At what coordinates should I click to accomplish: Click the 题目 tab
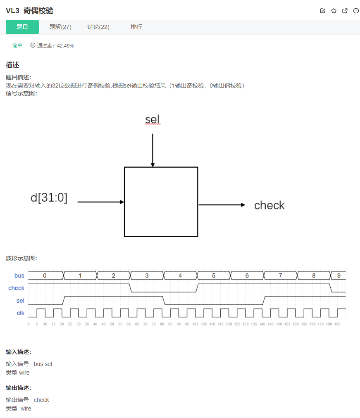pos(22,27)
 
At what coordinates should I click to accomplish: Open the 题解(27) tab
pos(60,27)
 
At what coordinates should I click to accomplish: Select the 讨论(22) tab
pos(98,27)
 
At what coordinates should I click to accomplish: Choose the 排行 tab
pos(136,27)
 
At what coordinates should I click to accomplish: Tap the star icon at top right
pos(334,11)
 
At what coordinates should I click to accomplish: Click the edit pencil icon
pos(323,11)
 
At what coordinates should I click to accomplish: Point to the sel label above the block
pos(152,120)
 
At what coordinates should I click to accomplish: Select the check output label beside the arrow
pos(269,205)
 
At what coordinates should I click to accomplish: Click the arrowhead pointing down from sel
pos(153,165)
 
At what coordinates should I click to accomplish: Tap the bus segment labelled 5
pos(214,275)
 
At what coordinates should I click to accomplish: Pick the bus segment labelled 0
pos(45,275)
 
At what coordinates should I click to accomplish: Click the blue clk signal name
pos(21,313)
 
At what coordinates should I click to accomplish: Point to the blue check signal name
pos(17,288)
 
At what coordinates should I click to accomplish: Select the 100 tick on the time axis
pos(195,324)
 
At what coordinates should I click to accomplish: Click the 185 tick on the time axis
pos(337,324)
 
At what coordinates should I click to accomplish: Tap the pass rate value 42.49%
pos(65,46)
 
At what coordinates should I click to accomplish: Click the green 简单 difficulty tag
pos(17,46)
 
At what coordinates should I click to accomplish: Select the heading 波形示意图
pos(21,258)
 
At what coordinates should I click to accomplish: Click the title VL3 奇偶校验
pos(30,11)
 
